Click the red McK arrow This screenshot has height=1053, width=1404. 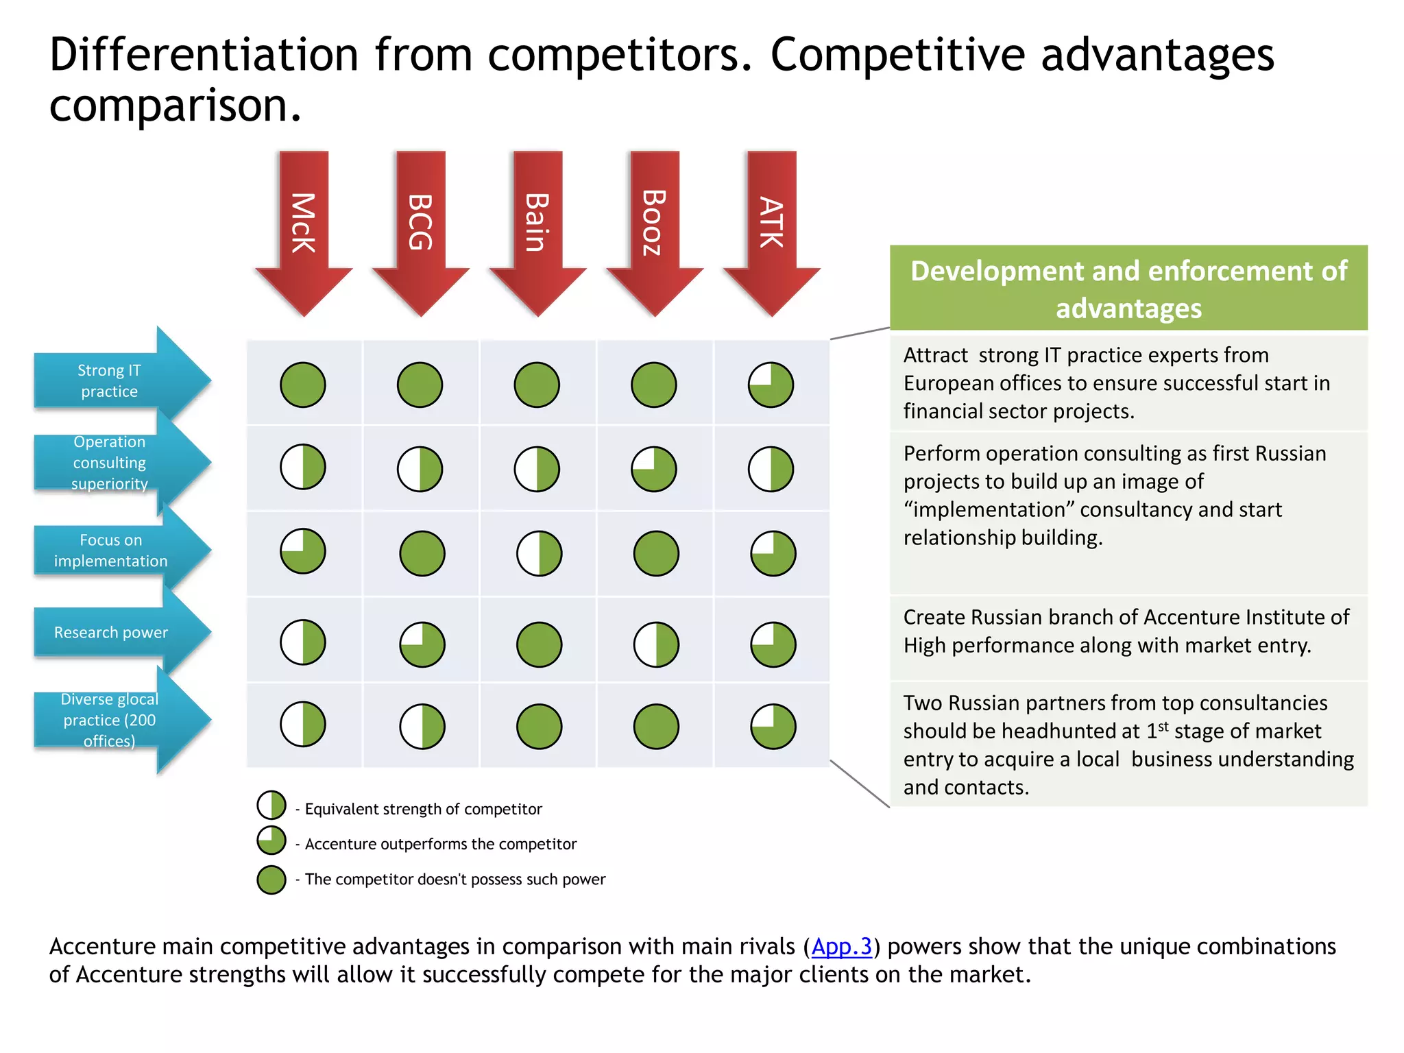click(304, 226)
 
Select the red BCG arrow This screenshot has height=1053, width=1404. click(420, 226)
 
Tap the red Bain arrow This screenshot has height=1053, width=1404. click(537, 226)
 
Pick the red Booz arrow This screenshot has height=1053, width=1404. click(655, 226)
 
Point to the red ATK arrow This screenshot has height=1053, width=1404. click(771, 226)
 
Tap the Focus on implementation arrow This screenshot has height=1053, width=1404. click(117, 550)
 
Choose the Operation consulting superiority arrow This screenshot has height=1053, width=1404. click(117, 463)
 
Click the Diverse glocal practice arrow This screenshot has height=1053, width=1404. click(117, 720)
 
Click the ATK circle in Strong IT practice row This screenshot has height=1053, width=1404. click(771, 385)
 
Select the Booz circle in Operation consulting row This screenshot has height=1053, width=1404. click(654, 470)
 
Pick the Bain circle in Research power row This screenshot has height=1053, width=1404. click(540, 644)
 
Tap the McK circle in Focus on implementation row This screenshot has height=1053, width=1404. click(303, 551)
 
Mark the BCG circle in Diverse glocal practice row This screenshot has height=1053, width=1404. click(422, 727)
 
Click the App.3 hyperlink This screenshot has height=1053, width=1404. click(841, 947)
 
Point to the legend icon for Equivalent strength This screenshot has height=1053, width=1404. click(271, 806)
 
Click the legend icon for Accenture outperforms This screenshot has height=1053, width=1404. click(271, 840)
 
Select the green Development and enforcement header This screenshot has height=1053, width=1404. click(1128, 289)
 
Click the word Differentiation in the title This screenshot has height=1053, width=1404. click(204, 55)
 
